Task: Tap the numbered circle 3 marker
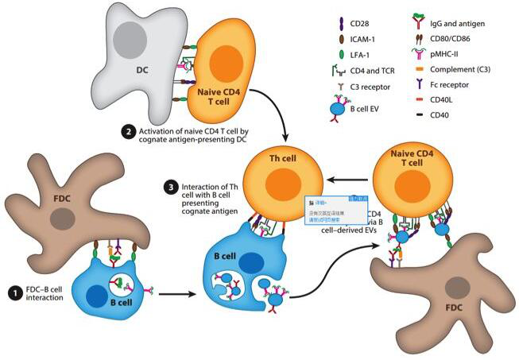click(168, 188)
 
